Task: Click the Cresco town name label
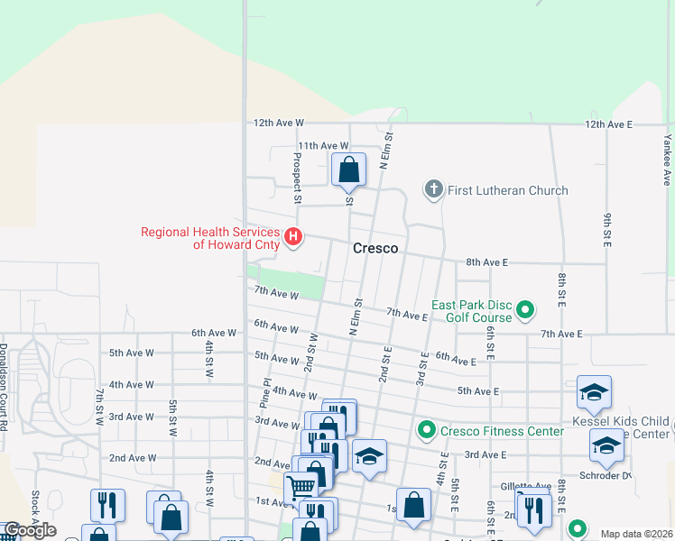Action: pos(375,248)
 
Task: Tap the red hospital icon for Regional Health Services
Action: pos(293,238)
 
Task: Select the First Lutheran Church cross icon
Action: pos(433,189)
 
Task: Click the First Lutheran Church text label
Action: pos(508,190)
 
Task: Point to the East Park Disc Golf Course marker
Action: pos(525,312)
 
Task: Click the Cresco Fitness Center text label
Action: pos(502,431)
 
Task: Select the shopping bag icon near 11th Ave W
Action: pos(348,170)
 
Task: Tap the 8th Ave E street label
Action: pos(487,262)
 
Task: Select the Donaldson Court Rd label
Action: pos(5,386)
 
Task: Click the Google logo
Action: pos(30,531)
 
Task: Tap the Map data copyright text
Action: pos(636,534)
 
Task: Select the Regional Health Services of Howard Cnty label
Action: pos(209,238)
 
